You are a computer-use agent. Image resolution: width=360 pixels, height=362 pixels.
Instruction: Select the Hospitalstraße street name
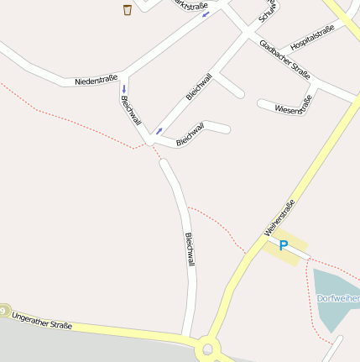312,37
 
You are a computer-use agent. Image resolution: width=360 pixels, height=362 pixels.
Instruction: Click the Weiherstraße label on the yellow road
279,218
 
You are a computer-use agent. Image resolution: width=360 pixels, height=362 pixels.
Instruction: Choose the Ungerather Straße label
42,320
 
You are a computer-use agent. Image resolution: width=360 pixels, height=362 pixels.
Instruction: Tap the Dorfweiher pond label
338,298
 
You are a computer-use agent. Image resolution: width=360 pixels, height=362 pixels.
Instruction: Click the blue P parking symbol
284,245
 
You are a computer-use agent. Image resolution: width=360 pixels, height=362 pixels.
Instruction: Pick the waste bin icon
128,10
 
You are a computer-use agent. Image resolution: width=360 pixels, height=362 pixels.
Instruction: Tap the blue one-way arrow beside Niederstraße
123,89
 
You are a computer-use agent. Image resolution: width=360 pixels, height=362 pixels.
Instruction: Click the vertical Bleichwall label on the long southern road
190,249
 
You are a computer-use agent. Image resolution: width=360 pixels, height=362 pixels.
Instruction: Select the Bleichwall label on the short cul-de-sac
190,134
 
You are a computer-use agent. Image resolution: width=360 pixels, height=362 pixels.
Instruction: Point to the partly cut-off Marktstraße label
190,5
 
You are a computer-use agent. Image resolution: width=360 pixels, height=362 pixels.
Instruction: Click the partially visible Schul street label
269,12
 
